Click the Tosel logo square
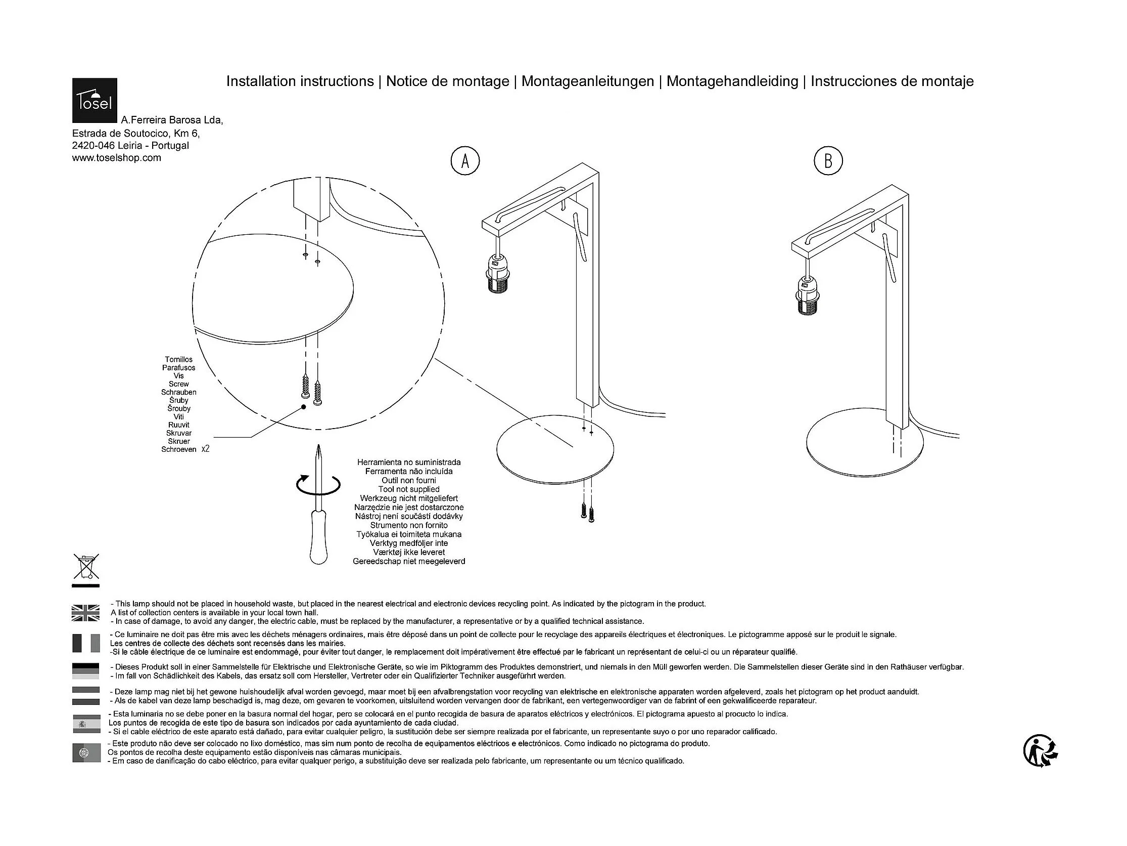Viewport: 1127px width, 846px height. (95, 101)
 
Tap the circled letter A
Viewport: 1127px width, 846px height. (464, 161)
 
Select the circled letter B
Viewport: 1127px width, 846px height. (828, 161)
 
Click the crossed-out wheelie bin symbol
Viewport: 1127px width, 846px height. (86, 567)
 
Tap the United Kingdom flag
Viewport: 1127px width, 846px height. (85, 612)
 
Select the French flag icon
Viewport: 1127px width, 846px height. (85, 643)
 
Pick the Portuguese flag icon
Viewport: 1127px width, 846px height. (85, 753)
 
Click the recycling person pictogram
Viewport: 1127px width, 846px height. (1041, 751)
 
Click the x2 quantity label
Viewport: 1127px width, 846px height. (205, 449)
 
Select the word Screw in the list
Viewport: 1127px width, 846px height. (179, 384)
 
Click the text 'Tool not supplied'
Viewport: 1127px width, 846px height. (409, 490)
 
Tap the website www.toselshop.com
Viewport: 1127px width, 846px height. (117, 158)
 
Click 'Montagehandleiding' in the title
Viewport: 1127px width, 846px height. (732, 81)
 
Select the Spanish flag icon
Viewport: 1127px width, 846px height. (85, 723)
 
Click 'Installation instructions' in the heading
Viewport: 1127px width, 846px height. (300, 81)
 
